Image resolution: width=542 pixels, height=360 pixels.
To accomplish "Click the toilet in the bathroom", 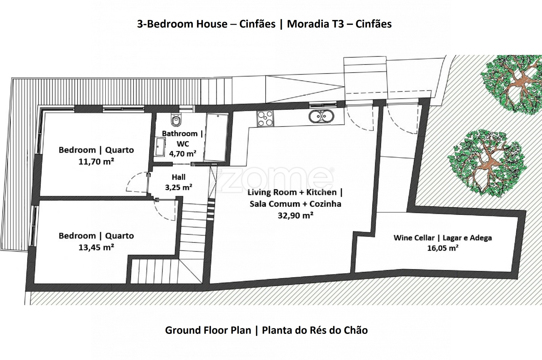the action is tap(176, 119).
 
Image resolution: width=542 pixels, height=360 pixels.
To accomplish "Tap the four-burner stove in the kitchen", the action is tap(265, 118).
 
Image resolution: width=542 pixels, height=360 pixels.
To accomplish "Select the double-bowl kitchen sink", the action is tap(321, 117).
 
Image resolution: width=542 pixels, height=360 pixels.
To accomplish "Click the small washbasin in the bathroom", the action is tap(160, 147).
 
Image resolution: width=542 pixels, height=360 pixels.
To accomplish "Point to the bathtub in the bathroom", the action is tap(216, 137).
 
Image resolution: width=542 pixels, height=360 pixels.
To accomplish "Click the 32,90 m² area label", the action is tap(295, 215).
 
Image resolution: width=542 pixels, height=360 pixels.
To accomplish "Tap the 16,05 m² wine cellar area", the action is tap(442, 248).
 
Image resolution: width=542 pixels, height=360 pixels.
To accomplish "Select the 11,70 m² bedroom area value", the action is tap(96, 161).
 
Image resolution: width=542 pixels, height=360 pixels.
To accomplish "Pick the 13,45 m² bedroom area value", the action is tap(96, 247).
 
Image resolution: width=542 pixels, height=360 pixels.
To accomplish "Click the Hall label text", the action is tap(179, 177).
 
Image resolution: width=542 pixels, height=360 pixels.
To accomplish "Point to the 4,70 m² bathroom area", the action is tap(183, 154).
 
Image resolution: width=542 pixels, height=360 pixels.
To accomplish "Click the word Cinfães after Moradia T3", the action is tap(374, 24).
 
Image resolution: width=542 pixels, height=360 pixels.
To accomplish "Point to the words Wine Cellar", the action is tap(414, 238).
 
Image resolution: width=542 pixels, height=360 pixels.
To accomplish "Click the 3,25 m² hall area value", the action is tap(179, 187).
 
